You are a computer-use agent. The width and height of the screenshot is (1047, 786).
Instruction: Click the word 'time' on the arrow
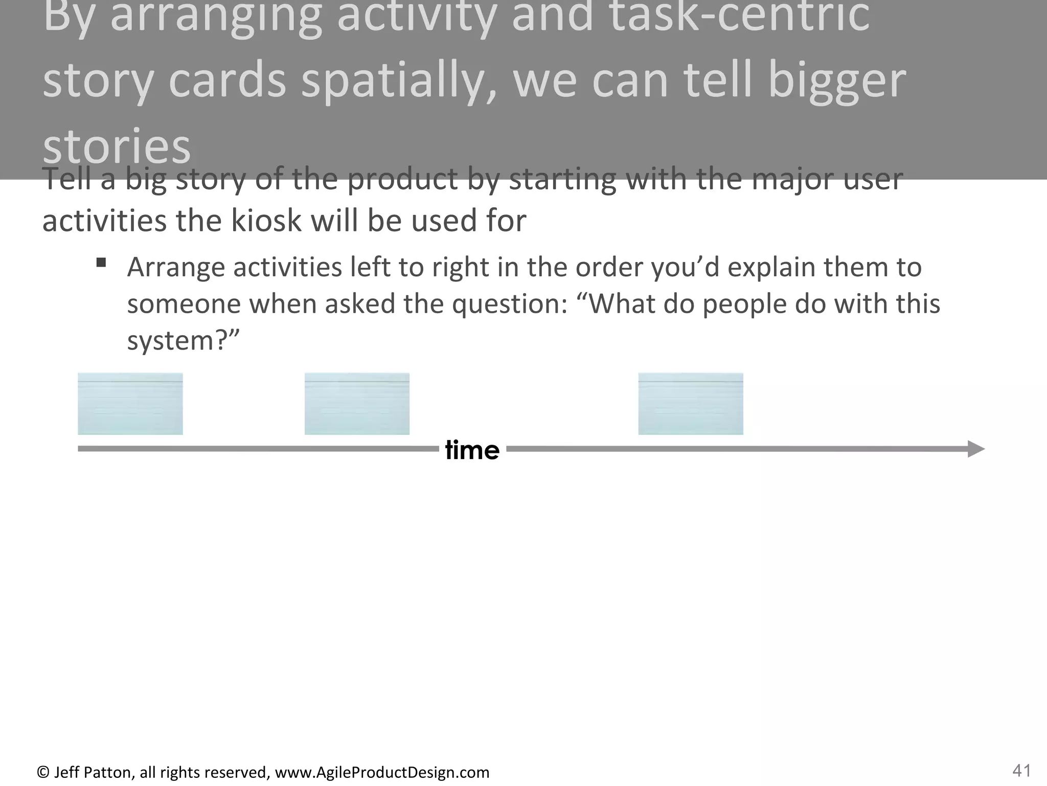(472, 450)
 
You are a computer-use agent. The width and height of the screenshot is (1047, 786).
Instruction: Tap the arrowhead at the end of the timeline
(976, 449)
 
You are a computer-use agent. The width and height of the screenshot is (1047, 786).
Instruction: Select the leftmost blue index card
(130, 404)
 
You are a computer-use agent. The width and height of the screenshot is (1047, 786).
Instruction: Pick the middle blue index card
(357, 404)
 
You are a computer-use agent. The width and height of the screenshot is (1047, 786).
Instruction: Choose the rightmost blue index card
(691, 404)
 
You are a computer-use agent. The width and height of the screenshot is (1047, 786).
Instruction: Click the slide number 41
(1021, 770)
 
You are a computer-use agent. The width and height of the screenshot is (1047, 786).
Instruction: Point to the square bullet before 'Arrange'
(101, 263)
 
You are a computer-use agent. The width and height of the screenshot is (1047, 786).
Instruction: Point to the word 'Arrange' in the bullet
(176, 267)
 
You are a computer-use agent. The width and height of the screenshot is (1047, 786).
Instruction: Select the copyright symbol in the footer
(43, 772)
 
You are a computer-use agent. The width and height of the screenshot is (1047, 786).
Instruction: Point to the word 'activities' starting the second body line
(104, 221)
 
